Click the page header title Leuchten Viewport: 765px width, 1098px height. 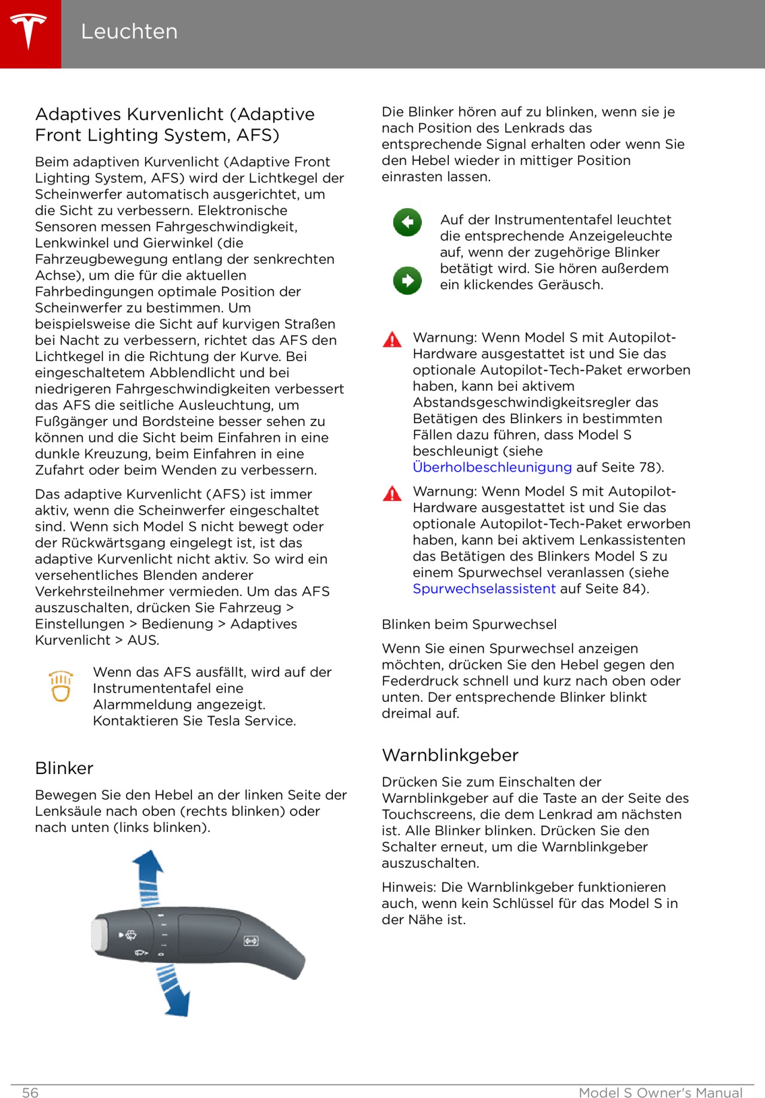(129, 32)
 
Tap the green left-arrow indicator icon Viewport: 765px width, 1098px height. (408, 222)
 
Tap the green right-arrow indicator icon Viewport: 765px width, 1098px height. (408, 280)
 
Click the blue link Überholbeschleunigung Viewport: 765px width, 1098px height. (492, 467)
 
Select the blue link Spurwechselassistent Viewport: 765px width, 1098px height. (484, 589)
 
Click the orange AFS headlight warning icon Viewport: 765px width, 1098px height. (61, 686)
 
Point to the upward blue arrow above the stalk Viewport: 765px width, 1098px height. (148, 873)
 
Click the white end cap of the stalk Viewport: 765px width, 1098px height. (99, 934)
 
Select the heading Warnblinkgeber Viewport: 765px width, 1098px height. (450, 756)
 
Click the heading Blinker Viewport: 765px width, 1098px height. (65, 769)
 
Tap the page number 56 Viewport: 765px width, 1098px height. (30, 1093)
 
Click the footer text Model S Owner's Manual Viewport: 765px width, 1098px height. (660, 1093)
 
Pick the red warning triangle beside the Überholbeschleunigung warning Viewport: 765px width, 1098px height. (392, 340)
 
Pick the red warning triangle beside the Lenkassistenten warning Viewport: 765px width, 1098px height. (392, 494)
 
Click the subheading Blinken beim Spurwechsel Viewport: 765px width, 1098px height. (469, 625)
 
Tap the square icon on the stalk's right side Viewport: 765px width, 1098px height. (251, 941)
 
